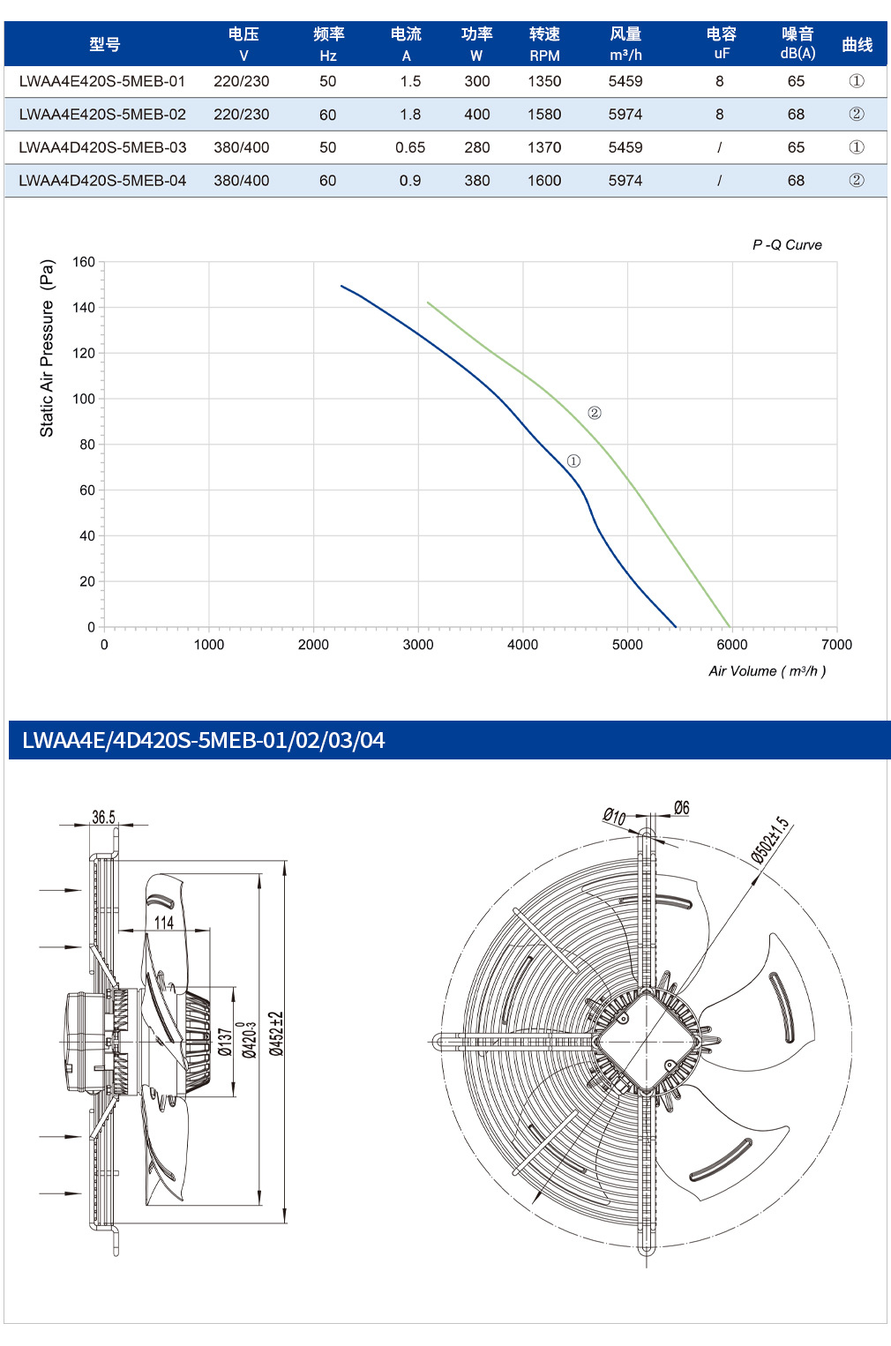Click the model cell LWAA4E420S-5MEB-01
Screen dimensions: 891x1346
pos(102,81)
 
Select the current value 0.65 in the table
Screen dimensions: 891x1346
pos(410,147)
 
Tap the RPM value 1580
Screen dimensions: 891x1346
pos(544,114)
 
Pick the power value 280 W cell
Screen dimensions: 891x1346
pos(477,147)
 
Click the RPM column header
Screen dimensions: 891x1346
pos(544,44)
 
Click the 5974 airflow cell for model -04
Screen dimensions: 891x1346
pos(625,180)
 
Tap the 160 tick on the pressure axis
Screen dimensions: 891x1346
pos(84,262)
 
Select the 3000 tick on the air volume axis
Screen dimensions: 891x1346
pos(418,645)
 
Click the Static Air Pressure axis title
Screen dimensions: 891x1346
pos(47,348)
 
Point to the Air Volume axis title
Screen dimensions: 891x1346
pos(767,671)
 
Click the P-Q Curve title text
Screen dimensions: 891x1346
pos(787,244)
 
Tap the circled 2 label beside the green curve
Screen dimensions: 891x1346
pos(595,413)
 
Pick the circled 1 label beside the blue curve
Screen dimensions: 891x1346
pos(573,461)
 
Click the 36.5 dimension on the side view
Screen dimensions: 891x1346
pos(103,817)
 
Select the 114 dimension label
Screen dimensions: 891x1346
pos(164,923)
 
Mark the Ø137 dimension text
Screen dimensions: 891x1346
pos(225,1042)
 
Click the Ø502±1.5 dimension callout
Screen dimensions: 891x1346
pos(770,841)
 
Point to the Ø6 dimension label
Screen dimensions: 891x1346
pos(681,808)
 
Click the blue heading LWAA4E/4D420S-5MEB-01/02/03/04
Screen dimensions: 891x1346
pos(203,740)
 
